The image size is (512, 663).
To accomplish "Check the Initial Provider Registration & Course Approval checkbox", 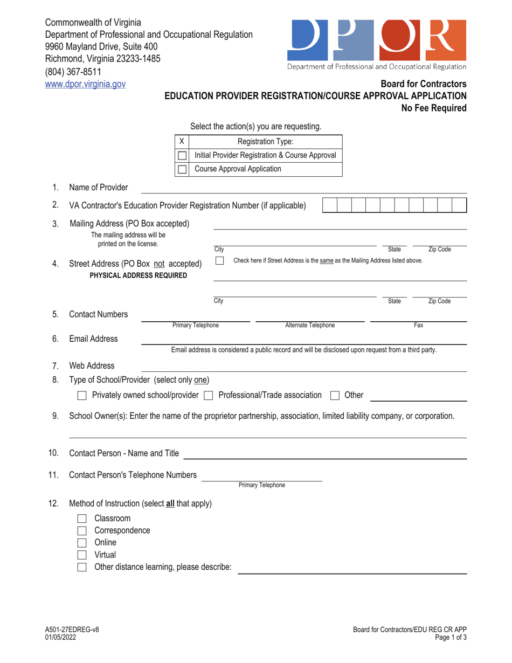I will (182, 155).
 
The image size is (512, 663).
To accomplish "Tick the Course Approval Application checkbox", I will (182, 169).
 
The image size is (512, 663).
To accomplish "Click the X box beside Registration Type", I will (182, 141).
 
